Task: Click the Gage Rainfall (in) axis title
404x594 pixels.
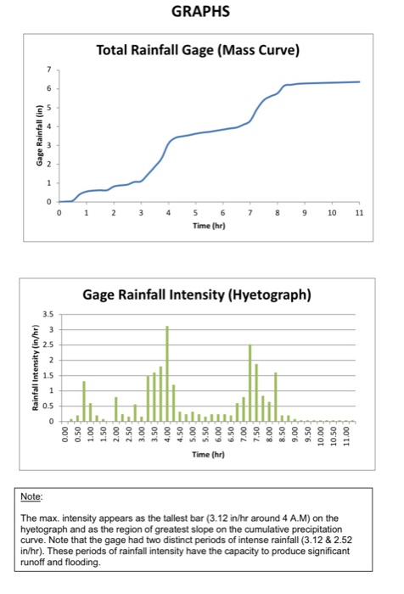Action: (x=37, y=136)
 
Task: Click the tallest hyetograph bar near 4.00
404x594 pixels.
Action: (x=167, y=373)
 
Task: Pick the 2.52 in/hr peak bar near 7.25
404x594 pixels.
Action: (x=250, y=383)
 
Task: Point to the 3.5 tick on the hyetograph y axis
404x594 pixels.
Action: (x=49, y=314)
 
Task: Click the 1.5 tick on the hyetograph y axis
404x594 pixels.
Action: (x=49, y=375)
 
